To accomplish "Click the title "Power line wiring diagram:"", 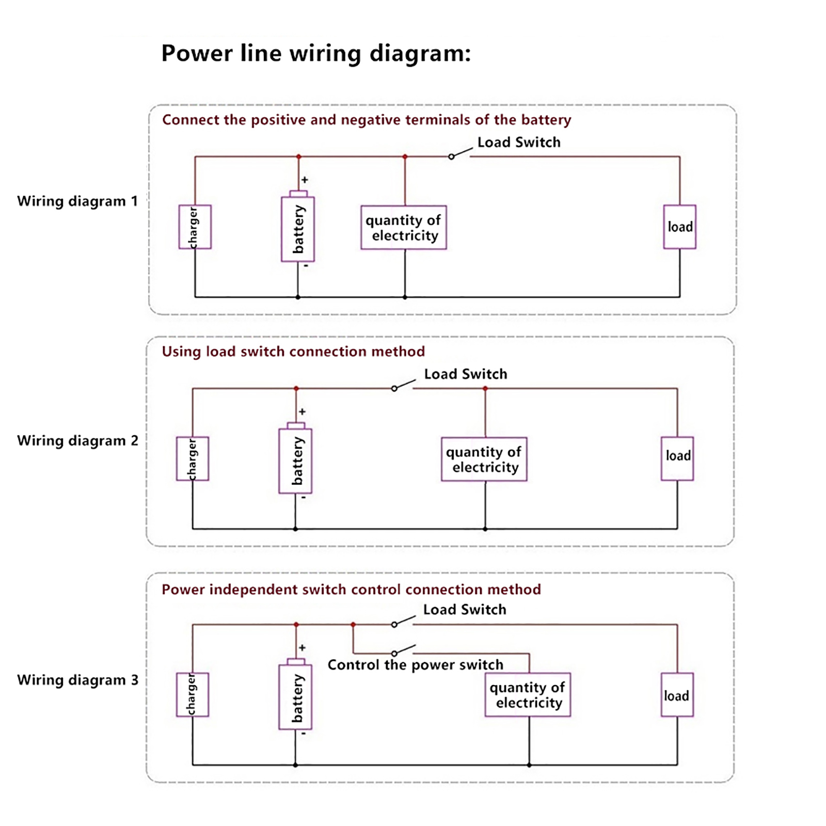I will [316, 53].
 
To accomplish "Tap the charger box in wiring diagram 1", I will [195, 227].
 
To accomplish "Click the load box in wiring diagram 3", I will [677, 695].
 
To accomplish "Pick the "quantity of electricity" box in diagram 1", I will [404, 228].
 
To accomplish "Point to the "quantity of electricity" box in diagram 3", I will [528, 695].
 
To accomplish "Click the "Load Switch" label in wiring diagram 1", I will [519, 142].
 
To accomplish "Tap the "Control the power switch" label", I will [415, 665].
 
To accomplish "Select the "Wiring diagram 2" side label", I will [77, 441].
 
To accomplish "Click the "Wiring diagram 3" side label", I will [77, 680].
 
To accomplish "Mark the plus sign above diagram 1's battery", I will [305, 180].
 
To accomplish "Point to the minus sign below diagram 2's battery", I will [304, 498].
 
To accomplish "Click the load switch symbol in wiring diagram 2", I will [403, 385].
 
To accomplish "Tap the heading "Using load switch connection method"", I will [293, 352].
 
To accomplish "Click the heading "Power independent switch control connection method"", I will [351, 590].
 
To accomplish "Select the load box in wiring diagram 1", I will [679, 227].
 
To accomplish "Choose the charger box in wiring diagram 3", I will [192, 695].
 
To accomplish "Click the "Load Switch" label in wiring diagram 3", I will [465, 610].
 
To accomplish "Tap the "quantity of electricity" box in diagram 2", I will [484, 459].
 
